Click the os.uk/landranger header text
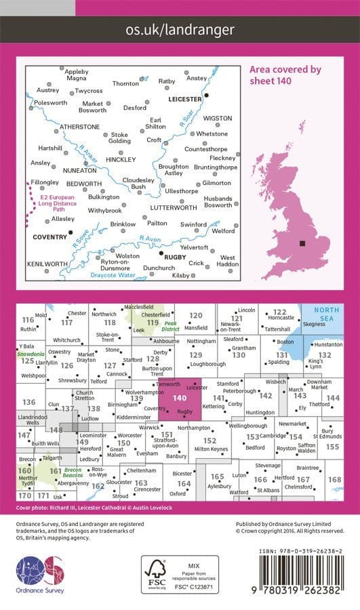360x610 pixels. pos(180,30)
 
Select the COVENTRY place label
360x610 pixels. pos(50,237)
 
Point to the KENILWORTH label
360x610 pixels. pos(47,263)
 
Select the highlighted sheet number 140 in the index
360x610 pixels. pos(180,399)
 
